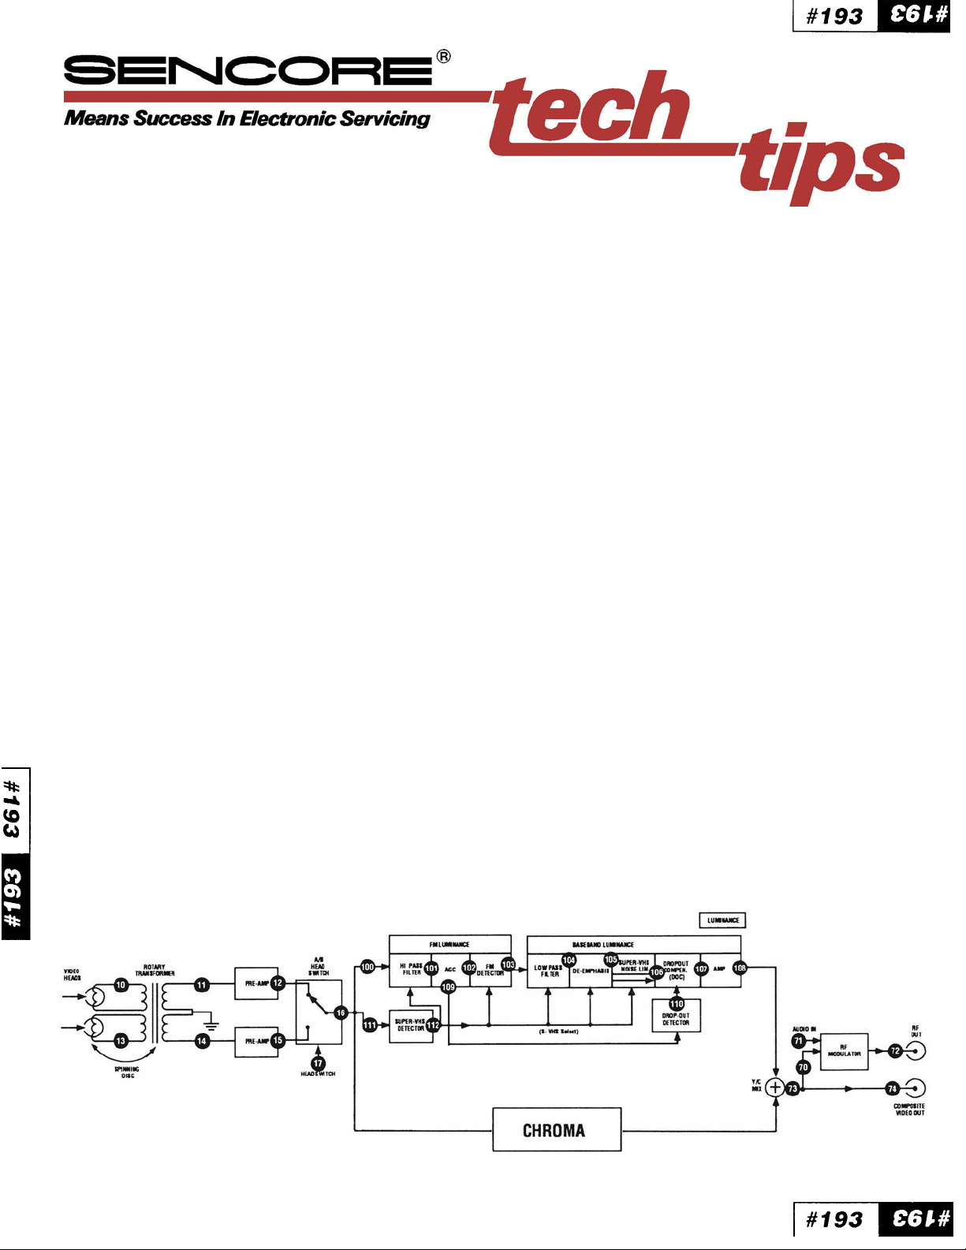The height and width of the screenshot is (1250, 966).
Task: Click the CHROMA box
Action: click(x=557, y=1129)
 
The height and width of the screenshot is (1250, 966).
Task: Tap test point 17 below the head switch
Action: click(x=318, y=1063)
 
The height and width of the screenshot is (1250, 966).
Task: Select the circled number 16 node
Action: click(x=341, y=1013)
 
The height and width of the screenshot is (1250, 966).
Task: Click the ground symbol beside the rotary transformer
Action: click(x=211, y=1024)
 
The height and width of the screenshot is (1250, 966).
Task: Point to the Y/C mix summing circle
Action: click(x=775, y=1088)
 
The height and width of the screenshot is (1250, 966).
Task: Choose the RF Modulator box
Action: click(x=844, y=1051)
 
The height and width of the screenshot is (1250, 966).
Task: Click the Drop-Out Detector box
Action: click(x=676, y=1020)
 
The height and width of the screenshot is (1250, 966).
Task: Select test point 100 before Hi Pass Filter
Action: click(x=367, y=966)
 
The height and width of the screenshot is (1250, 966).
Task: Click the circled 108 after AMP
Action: click(x=740, y=968)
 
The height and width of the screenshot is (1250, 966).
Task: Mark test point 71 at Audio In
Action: click(x=798, y=1040)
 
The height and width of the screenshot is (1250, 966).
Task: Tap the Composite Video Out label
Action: click(x=909, y=1110)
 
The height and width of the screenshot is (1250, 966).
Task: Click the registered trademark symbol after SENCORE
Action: click(x=444, y=56)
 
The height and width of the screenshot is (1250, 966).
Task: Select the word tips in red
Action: click(x=820, y=163)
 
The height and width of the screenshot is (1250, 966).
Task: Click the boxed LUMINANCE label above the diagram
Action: click(x=722, y=920)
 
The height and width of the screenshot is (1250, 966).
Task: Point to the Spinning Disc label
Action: click(x=127, y=1073)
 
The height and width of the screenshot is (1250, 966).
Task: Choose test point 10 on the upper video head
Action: click(x=121, y=985)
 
